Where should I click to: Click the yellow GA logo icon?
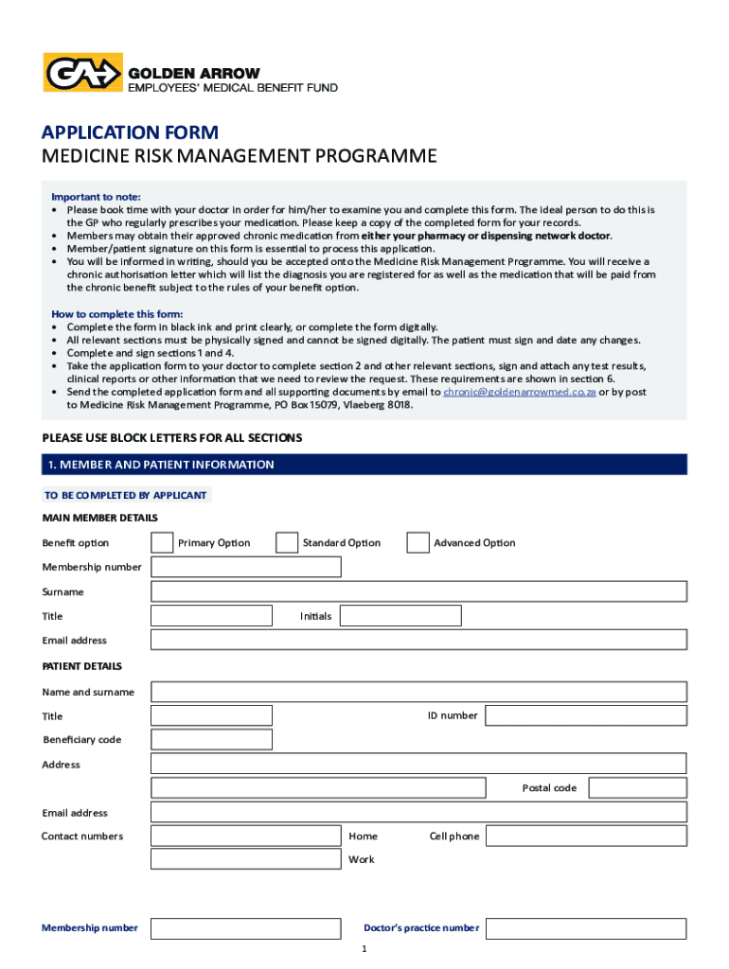[83, 73]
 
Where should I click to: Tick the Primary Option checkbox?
[162, 542]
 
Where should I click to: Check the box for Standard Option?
[287, 542]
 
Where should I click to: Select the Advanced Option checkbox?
[418, 542]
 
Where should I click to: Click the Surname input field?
[418, 591]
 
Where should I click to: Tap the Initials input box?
[400, 616]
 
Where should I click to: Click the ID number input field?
[586, 715]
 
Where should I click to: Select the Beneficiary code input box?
[211, 740]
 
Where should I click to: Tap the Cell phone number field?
[586, 837]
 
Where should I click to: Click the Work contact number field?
[246, 860]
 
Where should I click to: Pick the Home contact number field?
[246, 837]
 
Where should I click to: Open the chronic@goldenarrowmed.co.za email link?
[519, 392]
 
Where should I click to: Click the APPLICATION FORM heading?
[130, 132]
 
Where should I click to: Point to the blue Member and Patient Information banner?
[364, 465]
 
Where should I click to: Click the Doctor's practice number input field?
[586, 928]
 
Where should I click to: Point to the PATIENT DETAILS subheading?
[81, 666]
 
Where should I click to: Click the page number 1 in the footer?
[364, 949]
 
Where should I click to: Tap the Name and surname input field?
[418, 692]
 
